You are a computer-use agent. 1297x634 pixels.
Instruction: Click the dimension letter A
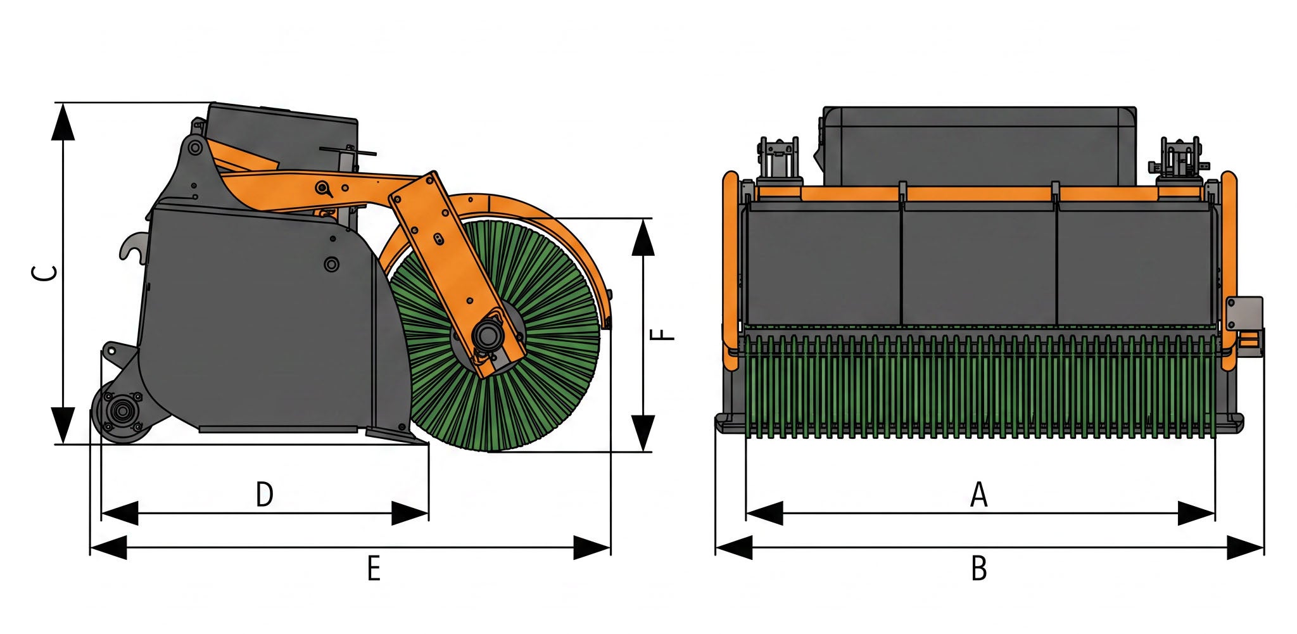pos(978,495)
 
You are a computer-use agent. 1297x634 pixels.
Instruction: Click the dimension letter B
pos(978,568)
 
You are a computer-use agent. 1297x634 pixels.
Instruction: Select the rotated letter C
pos(45,273)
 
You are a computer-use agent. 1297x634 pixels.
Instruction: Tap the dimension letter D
pos(264,495)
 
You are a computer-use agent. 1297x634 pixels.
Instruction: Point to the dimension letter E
pos(374,568)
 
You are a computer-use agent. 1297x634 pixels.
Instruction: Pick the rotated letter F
pos(663,334)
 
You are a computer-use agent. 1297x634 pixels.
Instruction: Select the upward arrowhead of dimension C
pos(63,124)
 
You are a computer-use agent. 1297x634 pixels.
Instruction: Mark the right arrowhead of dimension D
pos(409,513)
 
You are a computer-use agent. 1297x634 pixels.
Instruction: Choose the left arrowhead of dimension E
pos(109,547)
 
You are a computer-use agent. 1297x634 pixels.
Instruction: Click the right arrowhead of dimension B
pos(1244,547)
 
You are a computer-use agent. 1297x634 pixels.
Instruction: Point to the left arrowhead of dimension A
pos(765,513)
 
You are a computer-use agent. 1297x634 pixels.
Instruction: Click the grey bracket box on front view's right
pos(1243,314)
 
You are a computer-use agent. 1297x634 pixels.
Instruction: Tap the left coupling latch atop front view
pos(778,158)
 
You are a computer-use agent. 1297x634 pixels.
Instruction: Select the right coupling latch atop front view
pos(1178,158)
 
